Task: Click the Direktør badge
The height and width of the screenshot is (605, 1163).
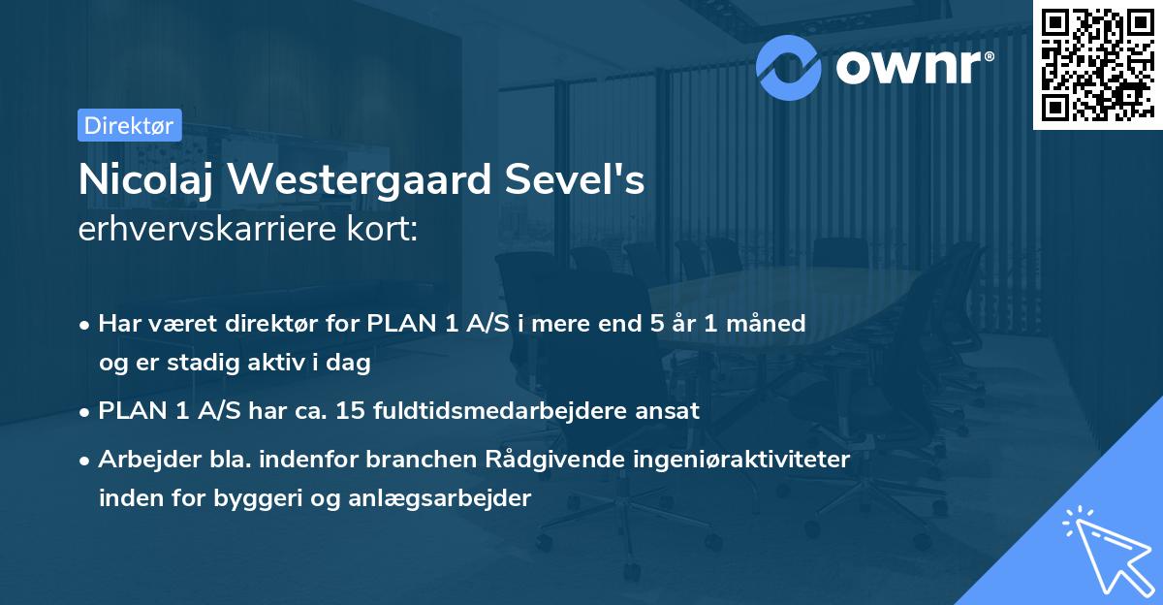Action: pos(129,125)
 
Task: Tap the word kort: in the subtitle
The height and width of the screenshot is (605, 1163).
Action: pos(386,231)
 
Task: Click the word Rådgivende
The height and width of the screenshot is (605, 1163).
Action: pos(552,460)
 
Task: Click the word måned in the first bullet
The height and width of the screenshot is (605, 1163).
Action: pos(772,324)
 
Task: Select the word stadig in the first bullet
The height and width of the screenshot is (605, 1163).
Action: pos(204,364)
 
